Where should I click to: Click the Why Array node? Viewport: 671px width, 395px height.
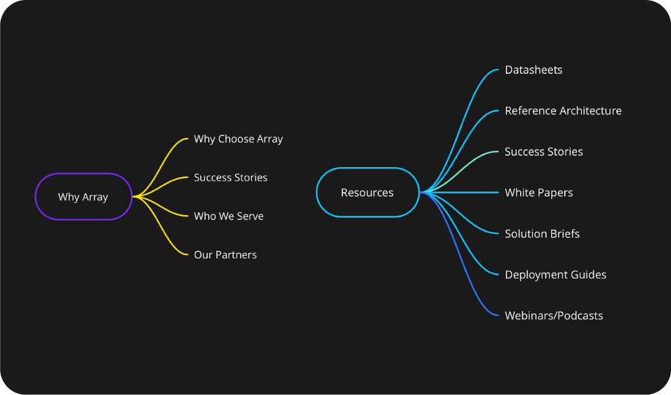[83, 197]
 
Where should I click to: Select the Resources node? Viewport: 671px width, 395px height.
[367, 193]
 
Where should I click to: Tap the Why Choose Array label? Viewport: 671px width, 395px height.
[238, 139]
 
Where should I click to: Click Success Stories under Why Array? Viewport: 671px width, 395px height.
[231, 178]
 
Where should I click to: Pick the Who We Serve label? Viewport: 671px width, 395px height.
[229, 216]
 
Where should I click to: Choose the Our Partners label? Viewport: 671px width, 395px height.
[225, 255]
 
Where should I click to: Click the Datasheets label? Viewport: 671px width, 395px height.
[534, 70]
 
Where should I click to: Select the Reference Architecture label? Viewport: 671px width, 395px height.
[563, 111]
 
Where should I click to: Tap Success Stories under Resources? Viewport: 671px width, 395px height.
[544, 152]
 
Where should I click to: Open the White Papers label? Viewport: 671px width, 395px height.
[538, 193]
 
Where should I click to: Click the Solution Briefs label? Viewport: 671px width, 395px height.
[542, 234]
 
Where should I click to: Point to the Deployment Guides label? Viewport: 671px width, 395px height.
[555, 275]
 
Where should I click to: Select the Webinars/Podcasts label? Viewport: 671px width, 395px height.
[553, 316]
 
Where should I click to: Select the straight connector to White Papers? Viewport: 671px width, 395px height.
[467, 193]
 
